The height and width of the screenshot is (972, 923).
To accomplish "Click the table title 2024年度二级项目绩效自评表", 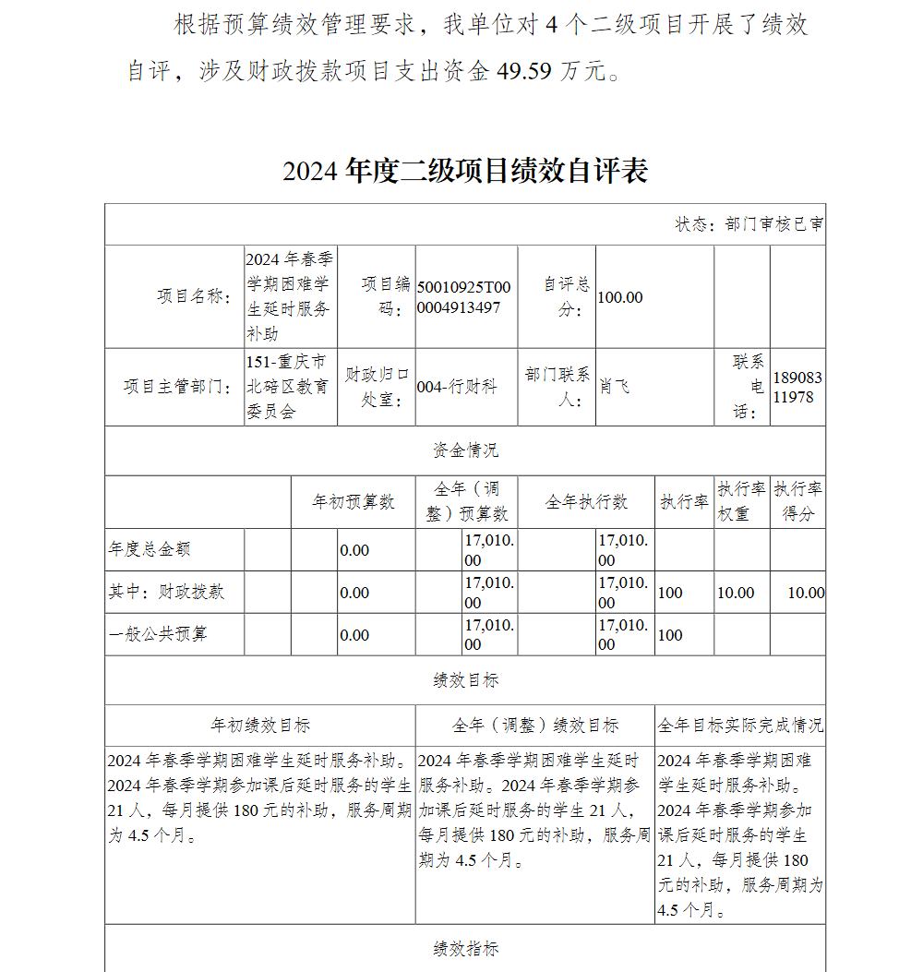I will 465,171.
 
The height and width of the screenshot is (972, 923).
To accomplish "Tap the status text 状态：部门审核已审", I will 749,224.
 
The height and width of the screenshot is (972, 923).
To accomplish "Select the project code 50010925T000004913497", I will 463,297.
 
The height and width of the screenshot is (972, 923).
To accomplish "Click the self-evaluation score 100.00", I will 620,297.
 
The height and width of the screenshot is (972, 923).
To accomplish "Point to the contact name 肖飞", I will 615,387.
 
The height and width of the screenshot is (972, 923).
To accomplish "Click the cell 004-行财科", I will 457,387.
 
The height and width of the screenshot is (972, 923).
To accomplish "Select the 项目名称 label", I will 193,296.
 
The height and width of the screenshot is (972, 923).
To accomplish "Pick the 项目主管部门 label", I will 177,387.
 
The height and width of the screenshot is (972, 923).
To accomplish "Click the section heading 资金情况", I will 465,450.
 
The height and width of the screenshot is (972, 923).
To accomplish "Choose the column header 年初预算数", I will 353,501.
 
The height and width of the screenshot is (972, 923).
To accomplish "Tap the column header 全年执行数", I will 586,501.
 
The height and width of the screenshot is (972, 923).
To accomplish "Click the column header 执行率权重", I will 741,501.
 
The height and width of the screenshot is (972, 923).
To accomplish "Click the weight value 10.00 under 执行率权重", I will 736,593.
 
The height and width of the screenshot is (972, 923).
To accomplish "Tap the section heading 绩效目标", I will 465,680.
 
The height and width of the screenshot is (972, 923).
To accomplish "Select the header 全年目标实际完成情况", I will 740,726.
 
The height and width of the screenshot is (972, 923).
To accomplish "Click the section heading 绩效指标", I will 465,949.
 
